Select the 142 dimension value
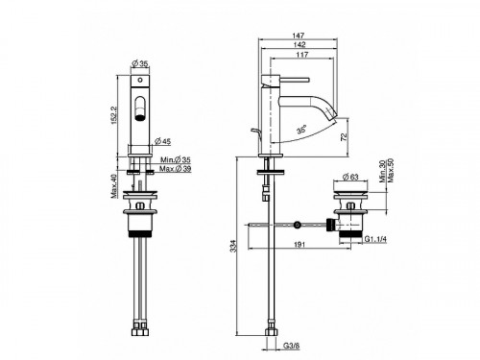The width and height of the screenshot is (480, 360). tap(300, 44)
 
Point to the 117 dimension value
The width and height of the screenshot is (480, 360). tap(302, 55)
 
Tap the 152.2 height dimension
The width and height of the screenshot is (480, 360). tap(115, 115)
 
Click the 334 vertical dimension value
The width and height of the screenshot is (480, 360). tap(233, 246)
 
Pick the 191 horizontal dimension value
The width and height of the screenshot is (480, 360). tap(300, 245)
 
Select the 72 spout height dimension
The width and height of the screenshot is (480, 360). tap(344, 137)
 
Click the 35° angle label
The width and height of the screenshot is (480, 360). tap(301, 130)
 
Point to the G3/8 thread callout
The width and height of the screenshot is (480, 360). tap(291, 346)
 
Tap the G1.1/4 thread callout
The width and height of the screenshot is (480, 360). tap(375, 239)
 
